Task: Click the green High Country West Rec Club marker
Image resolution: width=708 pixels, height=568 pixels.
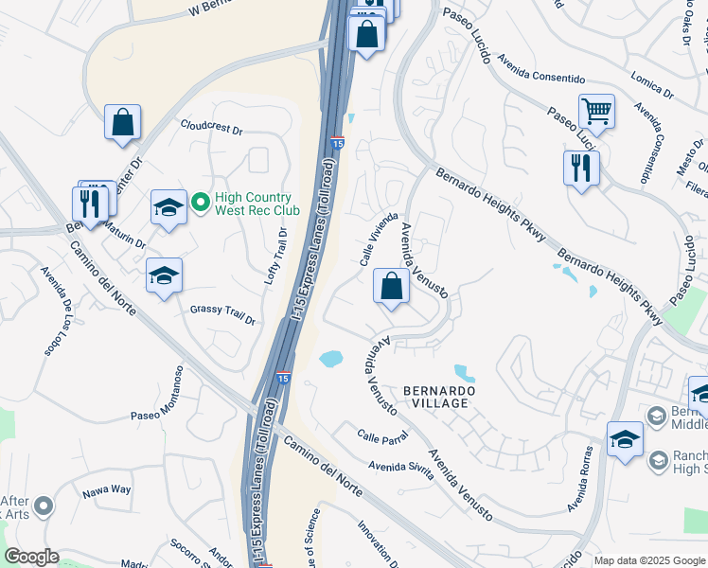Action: (201, 202)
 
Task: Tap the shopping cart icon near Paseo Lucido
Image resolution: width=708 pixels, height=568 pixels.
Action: (596, 113)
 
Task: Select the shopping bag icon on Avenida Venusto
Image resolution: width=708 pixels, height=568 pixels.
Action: (391, 285)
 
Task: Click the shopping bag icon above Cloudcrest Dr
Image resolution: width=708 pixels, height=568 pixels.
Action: (122, 122)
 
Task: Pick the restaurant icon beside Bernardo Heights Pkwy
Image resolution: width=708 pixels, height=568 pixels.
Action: (580, 169)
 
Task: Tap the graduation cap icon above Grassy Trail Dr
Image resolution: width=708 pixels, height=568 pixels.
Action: (164, 275)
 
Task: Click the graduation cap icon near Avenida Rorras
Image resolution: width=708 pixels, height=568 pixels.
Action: (625, 439)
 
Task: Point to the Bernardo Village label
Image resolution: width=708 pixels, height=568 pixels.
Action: (436, 397)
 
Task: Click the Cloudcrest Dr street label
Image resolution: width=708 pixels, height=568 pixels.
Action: (212, 127)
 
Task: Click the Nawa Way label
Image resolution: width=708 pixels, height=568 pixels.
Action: (106, 488)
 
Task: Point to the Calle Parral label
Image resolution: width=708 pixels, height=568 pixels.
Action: (381, 436)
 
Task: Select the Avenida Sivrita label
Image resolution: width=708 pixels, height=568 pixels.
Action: (401, 469)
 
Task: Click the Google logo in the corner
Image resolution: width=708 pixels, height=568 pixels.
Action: (31, 557)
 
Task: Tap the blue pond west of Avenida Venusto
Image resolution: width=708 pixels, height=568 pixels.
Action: (330, 359)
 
